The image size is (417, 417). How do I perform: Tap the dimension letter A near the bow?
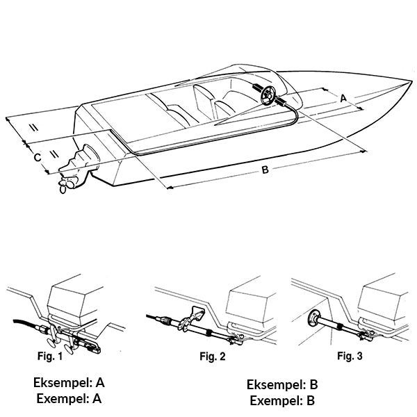[342, 99]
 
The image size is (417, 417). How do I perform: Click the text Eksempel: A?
[69, 383]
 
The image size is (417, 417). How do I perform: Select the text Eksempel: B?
[282, 385]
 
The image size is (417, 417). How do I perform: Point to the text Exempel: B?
[282, 400]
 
